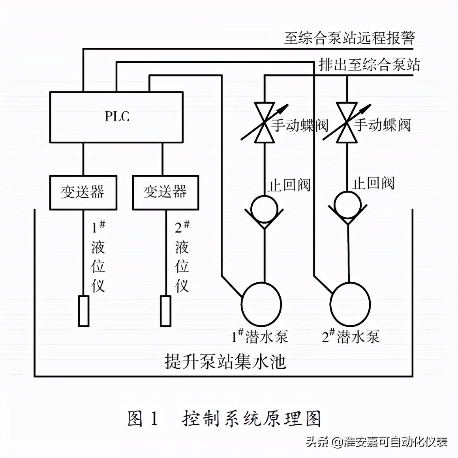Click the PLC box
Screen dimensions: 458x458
point(116,117)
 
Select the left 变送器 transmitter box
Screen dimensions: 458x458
point(83,193)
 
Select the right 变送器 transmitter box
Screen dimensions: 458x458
point(165,193)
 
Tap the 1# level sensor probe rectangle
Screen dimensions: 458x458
point(83,311)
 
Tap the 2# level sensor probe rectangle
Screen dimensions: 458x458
point(166,311)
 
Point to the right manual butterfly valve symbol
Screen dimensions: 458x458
point(347,123)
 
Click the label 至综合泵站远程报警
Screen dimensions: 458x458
point(349,38)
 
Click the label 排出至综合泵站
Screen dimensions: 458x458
point(369,65)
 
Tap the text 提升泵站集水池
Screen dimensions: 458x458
point(225,361)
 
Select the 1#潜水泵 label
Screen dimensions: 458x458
point(259,336)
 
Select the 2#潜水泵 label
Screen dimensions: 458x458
point(351,336)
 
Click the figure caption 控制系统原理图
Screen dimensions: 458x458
point(252,419)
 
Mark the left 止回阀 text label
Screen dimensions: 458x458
point(289,185)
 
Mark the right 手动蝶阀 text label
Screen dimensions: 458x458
point(382,125)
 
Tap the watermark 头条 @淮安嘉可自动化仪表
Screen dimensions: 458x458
point(377,441)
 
